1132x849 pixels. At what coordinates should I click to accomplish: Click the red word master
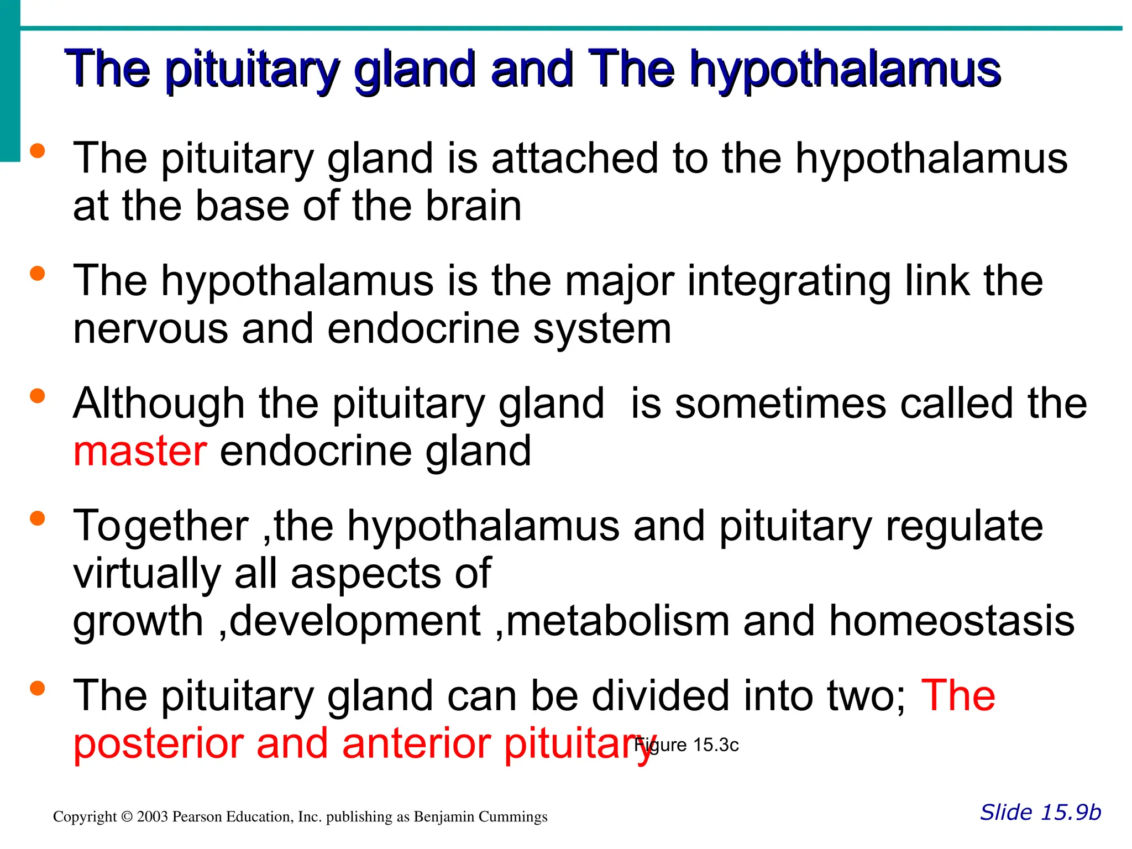point(140,451)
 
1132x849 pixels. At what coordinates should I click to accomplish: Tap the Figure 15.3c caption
point(686,745)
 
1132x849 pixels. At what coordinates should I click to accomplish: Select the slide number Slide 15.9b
point(1040,812)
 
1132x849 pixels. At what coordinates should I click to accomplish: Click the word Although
point(159,403)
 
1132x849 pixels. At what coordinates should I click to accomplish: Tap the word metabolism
point(617,621)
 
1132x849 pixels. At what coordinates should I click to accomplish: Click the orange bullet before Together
point(38,518)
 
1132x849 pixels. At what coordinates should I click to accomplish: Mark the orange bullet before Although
point(38,396)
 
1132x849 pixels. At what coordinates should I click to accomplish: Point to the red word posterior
point(158,743)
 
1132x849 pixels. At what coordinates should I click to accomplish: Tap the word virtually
point(146,573)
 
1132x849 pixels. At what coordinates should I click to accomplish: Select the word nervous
point(150,329)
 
